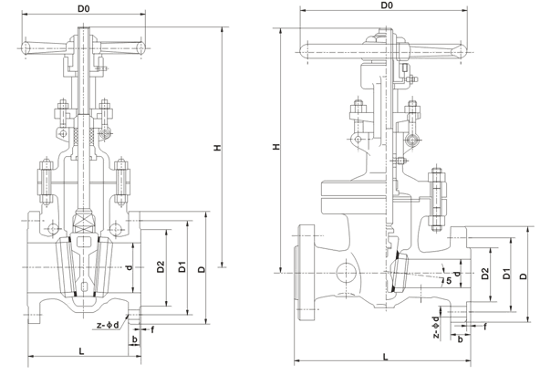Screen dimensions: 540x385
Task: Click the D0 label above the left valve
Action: coord(84,8)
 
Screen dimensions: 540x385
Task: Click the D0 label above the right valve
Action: coord(387,5)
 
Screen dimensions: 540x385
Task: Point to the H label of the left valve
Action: coord(218,148)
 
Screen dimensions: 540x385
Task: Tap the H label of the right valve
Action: coord(276,147)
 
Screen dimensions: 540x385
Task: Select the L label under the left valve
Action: coord(81,351)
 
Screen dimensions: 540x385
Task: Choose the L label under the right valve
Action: coord(386,357)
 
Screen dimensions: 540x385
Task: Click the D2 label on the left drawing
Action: coord(161,267)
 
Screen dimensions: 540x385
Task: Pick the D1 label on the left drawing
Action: coord(182,267)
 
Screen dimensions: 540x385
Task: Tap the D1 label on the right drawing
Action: coord(506,274)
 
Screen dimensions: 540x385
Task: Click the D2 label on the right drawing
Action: coord(485,274)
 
